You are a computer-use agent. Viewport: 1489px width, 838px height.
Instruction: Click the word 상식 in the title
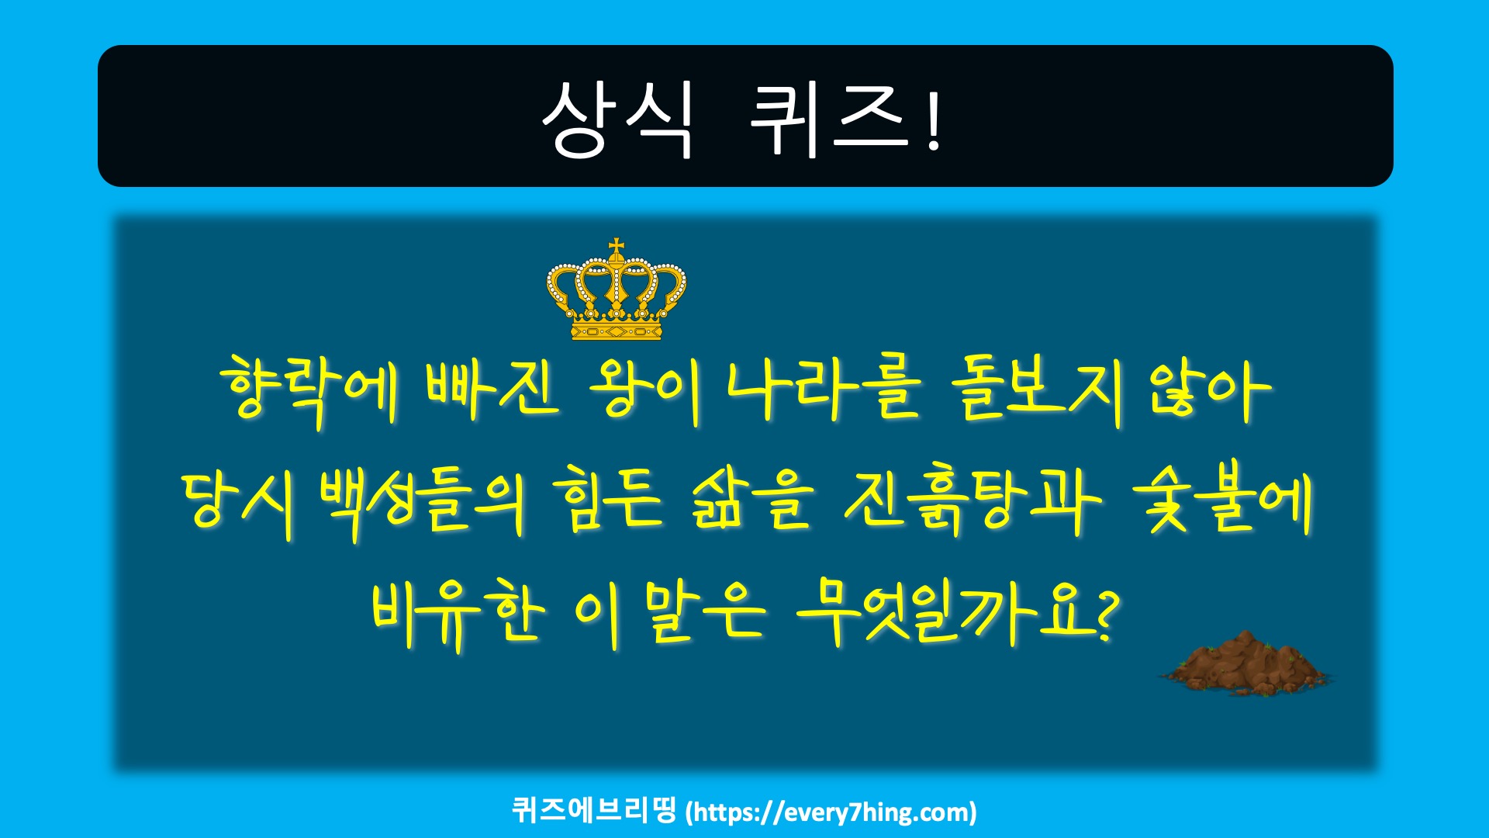tap(617, 119)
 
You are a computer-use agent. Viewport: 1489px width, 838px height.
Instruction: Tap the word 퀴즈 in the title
tap(829, 119)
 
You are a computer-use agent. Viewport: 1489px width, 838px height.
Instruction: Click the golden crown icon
tap(617, 289)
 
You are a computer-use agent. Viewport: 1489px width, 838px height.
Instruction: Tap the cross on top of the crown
tap(617, 248)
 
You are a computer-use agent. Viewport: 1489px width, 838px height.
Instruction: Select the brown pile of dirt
tap(1244, 663)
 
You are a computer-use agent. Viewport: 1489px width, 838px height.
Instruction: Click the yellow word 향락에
tap(309, 390)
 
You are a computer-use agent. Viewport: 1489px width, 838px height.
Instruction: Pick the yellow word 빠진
tap(492, 390)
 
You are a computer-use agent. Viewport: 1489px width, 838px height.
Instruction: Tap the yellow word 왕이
tap(645, 390)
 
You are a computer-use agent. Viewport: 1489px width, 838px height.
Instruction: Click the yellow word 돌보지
tap(1038, 390)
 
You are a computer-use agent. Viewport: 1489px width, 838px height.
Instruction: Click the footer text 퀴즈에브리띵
tap(595, 810)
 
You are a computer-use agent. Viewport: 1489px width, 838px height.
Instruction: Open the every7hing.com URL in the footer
tap(831, 812)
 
